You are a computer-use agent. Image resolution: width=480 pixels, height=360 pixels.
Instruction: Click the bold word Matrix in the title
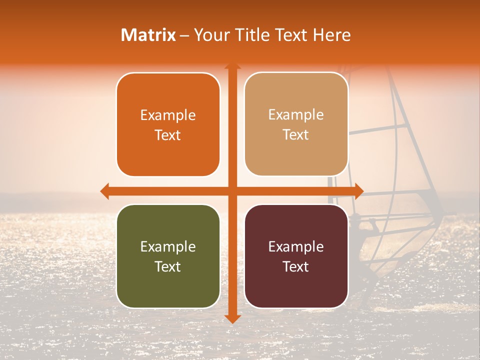148,35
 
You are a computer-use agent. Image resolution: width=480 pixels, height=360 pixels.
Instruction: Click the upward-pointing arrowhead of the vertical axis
232,67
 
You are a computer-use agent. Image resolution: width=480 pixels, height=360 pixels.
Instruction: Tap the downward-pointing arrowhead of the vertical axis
232,318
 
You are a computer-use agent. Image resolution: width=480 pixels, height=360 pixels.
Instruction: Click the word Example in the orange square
168,115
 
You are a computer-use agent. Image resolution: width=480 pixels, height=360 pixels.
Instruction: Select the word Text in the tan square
296,135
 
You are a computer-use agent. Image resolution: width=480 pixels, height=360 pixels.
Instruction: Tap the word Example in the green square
168,247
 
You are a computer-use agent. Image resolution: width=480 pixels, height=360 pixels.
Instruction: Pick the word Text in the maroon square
296,266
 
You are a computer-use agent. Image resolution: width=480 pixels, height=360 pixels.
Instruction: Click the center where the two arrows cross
232,191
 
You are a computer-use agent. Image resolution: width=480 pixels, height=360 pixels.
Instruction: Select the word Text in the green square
168,266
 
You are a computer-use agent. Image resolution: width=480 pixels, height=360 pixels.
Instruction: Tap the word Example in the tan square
296,115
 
